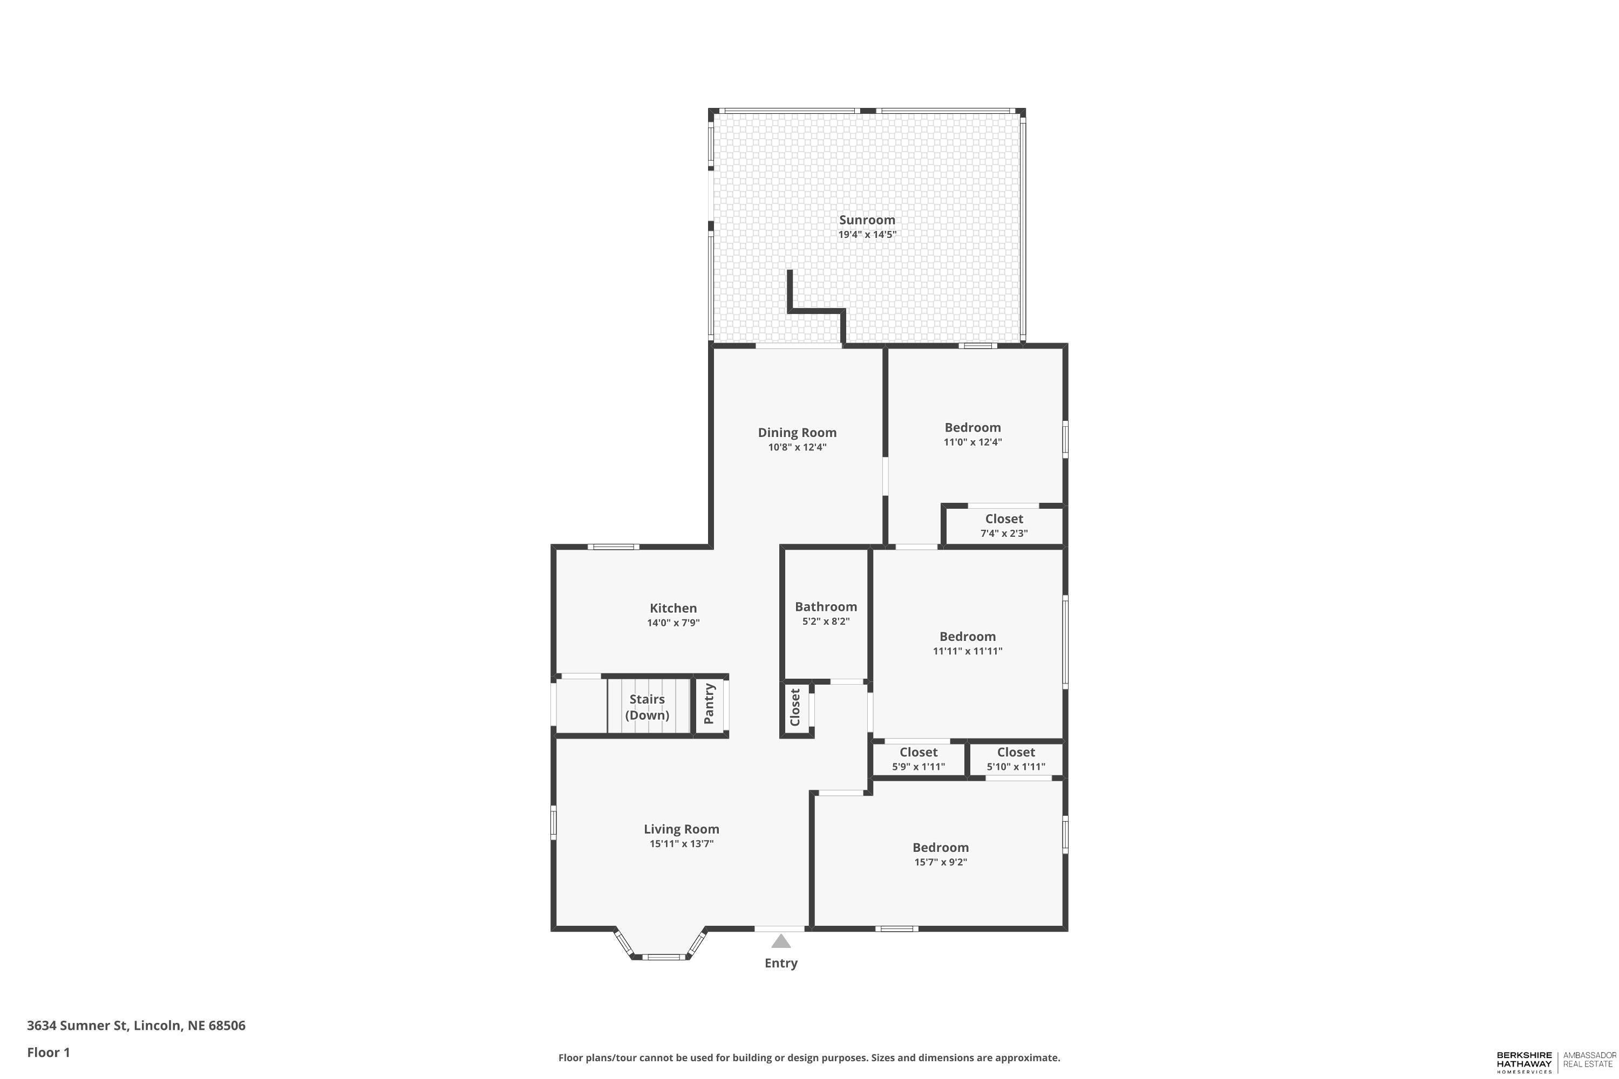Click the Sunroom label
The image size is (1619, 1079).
[867, 220]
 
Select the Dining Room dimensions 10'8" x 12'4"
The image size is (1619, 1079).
[797, 447]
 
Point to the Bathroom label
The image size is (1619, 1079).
[825, 607]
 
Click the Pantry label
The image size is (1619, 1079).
[709, 704]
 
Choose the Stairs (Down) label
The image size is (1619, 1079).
[647, 707]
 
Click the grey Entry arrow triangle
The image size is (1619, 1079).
[780, 941]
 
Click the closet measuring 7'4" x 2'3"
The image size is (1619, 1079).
[1004, 525]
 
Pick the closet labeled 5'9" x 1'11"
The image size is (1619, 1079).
[919, 759]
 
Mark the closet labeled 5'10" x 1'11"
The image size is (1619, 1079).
[1015, 759]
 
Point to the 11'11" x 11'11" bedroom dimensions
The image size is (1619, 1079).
[967, 652]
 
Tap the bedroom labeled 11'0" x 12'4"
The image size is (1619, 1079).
[972, 434]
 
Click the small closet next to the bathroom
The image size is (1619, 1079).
[795, 707]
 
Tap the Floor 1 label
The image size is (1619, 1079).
[48, 1052]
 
